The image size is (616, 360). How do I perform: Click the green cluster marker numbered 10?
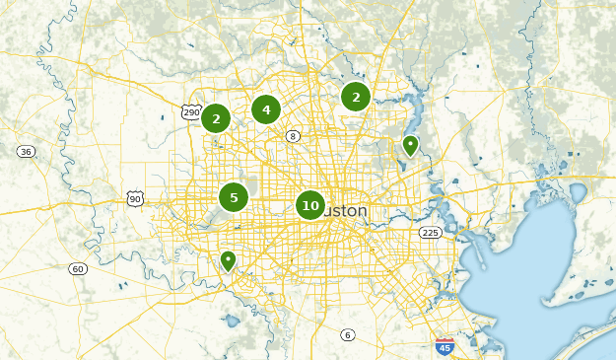coord(310,205)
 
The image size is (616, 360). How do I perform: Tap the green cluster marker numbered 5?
coord(234,197)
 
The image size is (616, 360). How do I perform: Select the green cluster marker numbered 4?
coord(266,109)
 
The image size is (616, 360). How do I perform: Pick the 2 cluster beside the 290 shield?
coord(216,118)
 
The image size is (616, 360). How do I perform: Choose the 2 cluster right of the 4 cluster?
coord(356,97)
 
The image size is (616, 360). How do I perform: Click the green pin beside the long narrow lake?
coord(411,146)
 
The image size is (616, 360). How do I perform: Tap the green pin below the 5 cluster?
coord(228,260)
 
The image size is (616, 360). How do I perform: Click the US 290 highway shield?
coord(191,111)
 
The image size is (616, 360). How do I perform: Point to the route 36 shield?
coord(26,151)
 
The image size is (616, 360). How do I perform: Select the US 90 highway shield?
coord(135,199)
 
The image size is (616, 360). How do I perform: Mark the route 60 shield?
coord(78,268)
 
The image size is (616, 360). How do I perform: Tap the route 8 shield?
coord(293,135)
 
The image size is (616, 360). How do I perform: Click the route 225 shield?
coord(430,233)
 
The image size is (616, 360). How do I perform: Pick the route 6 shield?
coord(347,335)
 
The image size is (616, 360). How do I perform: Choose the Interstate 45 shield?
coord(445,346)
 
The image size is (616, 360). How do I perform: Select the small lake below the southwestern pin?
coord(232,321)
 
